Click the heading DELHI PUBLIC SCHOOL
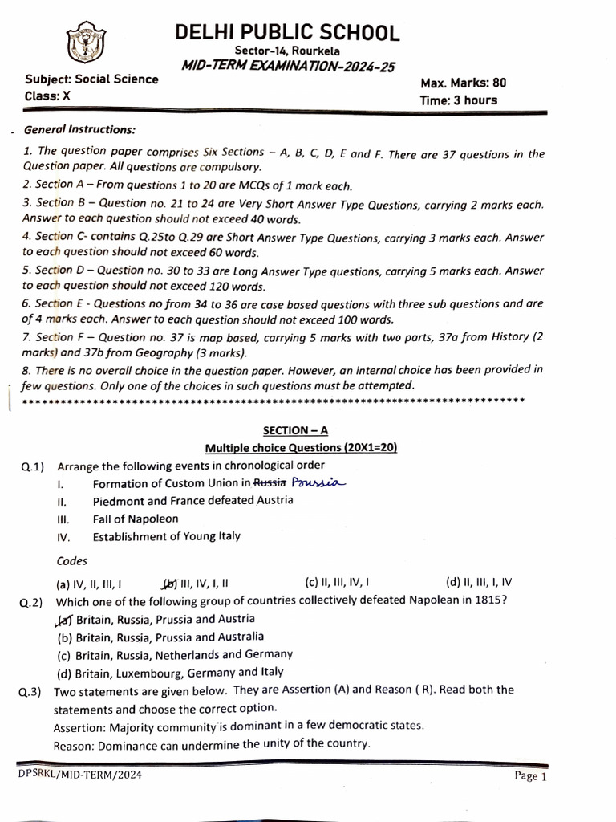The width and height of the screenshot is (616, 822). click(x=287, y=33)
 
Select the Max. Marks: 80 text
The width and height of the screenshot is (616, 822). click(x=464, y=83)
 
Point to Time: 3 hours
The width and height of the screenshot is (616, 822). click(x=458, y=100)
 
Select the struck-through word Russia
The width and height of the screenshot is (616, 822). click(x=270, y=483)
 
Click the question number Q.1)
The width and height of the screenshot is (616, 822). click(x=33, y=466)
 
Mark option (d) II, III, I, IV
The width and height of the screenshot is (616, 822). click(x=478, y=583)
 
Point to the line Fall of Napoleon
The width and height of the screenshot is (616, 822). click(x=136, y=519)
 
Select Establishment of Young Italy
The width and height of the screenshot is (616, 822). click(x=166, y=536)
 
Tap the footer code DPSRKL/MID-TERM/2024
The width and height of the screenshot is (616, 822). click(x=71, y=775)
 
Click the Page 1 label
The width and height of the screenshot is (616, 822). click(x=530, y=776)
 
